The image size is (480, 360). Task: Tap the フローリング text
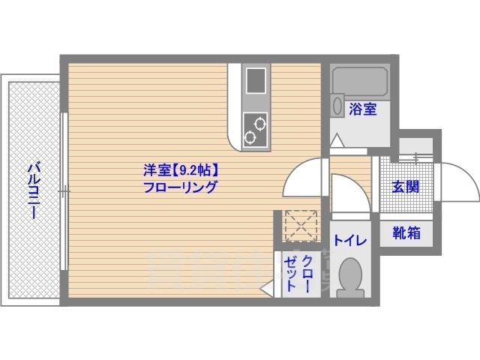coord(181,187)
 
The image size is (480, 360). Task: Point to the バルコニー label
coord(34,190)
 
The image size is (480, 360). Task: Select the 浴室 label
coord(363,109)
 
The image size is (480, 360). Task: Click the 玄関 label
coord(406,187)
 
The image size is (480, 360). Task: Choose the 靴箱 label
coord(406,233)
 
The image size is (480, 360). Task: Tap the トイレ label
coord(350,241)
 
